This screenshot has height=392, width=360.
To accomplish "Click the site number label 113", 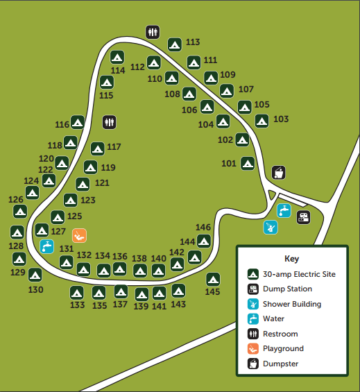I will pyautogui.click(x=193, y=42).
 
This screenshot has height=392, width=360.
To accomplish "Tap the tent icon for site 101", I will pyautogui.click(x=247, y=164).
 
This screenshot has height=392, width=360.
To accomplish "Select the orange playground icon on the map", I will pyautogui.click(x=79, y=235).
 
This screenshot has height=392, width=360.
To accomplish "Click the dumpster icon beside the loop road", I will pyautogui.click(x=277, y=172).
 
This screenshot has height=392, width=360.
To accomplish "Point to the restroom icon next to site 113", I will pyautogui.click(x=153, y=32).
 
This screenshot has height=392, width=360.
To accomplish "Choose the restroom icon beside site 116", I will pyautogui.click(x=109, y=122).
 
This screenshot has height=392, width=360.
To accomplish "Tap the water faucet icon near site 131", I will pyautogui.click(x=46, y=246).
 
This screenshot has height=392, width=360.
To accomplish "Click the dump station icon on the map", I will pyautogui.click(x=303, y=216).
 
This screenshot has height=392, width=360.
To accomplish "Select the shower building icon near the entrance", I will pyautogui.click(x=270, y=227).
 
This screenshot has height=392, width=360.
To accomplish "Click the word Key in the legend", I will pyautogui.click(x=291, y=259).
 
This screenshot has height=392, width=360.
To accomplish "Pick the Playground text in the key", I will pyautogui.click(x=283, y=349).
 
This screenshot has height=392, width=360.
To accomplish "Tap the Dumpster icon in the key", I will pyautogui.click(x=253, y=364).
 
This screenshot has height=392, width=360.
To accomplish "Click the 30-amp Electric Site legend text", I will pyautogui.click(x=299, y=274).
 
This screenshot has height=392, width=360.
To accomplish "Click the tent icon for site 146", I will pyautogui.click(x=204, y=241).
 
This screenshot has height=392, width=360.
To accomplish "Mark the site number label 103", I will pyautogui.click(x=281, y=119).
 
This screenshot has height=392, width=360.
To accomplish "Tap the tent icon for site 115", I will pyautogui.click(x=106, y=82).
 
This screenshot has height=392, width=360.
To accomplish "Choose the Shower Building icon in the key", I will pyautogui.click(x=253, y=304).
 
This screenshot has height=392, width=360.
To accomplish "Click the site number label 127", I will pyautogui.click(x=58, y=231).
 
